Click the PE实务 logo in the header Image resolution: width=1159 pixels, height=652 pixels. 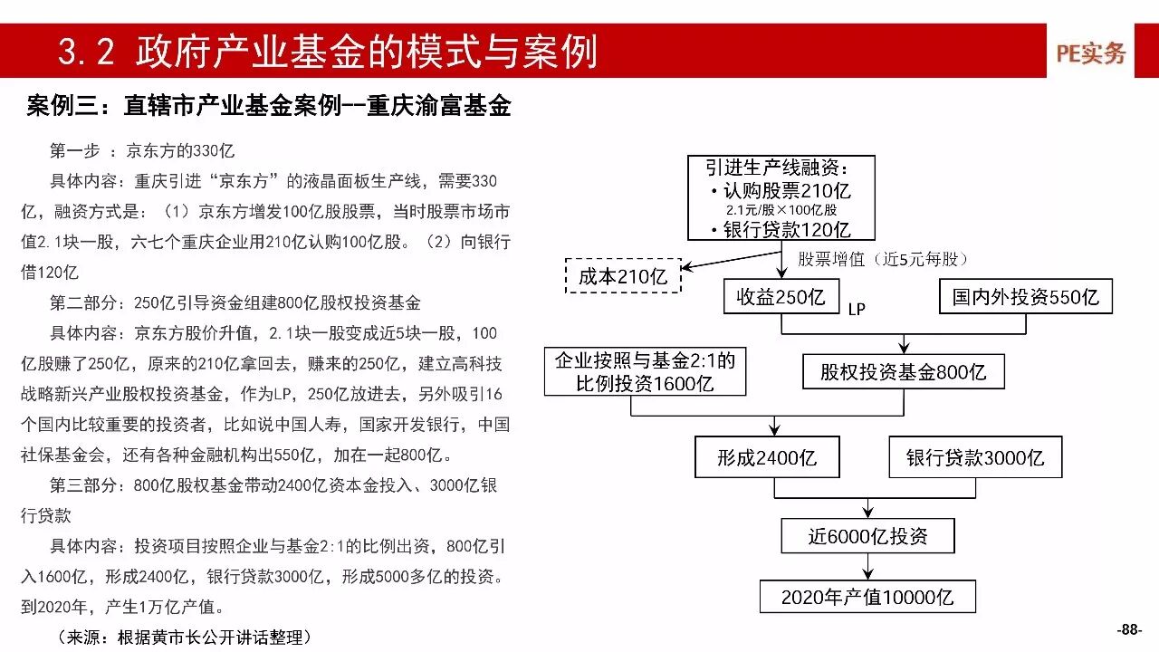click(x=1091, y=53)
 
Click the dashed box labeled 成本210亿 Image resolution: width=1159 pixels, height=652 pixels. click(x=623, y=276)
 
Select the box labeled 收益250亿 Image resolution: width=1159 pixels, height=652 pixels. click(x=781, y=296)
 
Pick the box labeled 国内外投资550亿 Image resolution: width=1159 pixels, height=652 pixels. click(x=1025, y=296)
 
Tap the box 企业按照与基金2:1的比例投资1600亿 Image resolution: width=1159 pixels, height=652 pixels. click(x=645, y=372)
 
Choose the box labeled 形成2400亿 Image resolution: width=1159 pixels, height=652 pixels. click(x=766, y=457)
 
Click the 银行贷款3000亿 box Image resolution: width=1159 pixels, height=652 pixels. click(x=975, y=457)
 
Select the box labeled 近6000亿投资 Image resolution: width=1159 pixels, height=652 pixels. click(x=867, y=535)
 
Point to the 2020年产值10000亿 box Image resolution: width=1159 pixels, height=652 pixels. click(x=867, y=597)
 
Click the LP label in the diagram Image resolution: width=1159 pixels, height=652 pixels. click(x=857, y=310)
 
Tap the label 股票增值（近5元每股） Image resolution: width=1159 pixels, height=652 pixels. click(x=884, y=260)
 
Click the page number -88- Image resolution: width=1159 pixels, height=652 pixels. click(x=1129, y=630)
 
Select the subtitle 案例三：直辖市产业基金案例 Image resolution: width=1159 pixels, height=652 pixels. click(x=269, y=107)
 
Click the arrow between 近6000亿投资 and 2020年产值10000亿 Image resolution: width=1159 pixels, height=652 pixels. click(x=867, y=566)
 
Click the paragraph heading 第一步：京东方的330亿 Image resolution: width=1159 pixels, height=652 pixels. click(x=142, y=150)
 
